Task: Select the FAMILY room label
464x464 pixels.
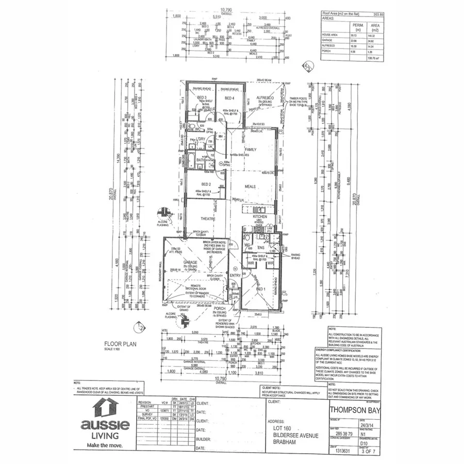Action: tap(251, 150)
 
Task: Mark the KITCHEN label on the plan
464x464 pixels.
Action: tap(259, 217)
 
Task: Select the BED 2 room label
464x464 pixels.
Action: tap(206, 184)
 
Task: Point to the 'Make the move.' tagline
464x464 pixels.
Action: tap(106, 444)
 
